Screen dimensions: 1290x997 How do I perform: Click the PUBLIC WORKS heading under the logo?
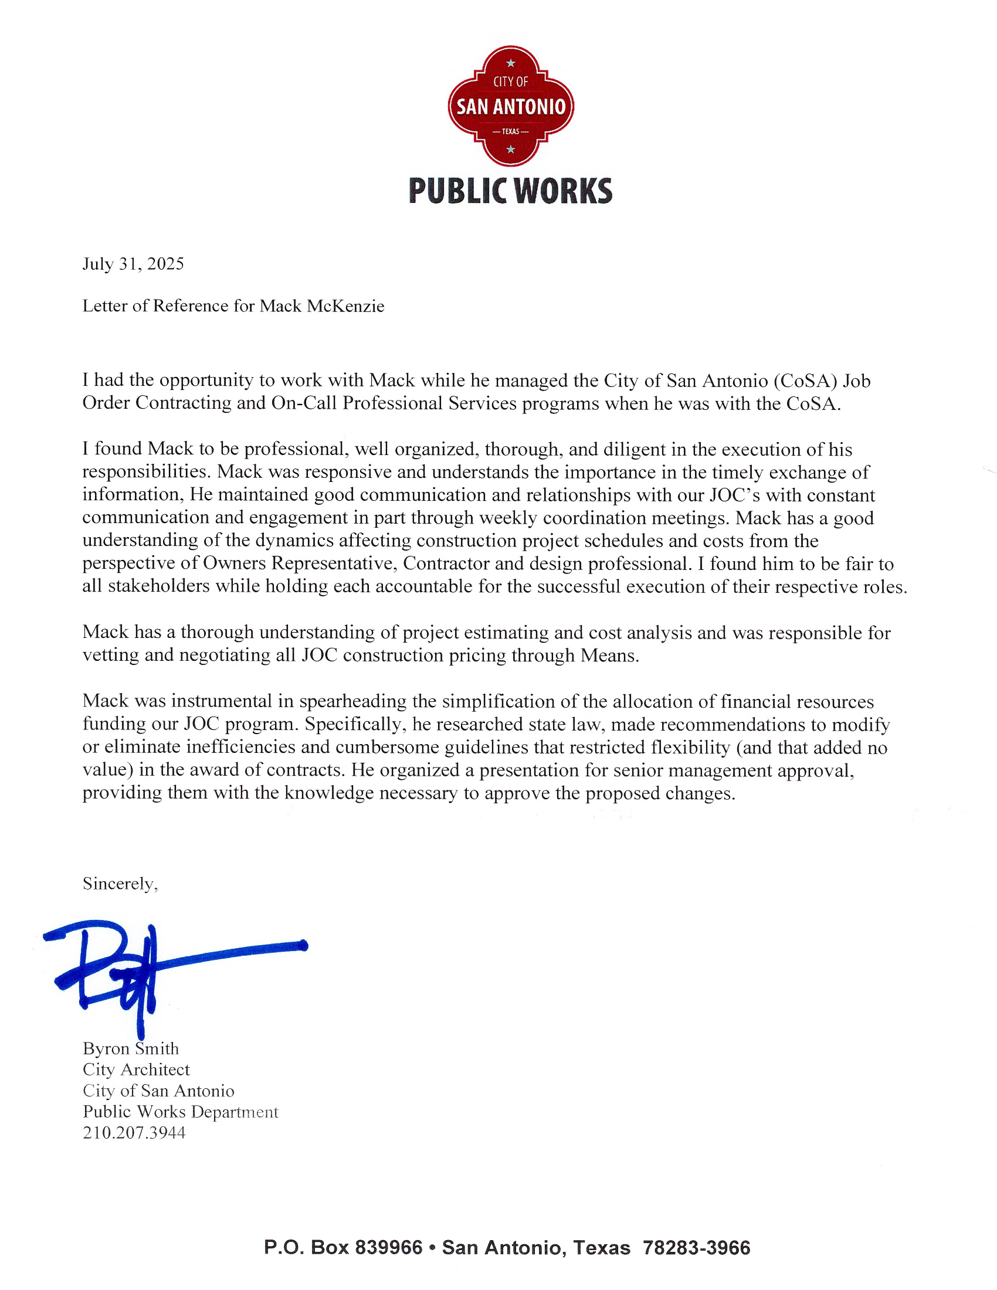pos(510,191)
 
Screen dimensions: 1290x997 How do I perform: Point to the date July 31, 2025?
pos(134,263)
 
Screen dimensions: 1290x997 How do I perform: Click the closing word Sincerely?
pos(120,884)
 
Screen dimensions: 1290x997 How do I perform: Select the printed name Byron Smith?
pos(131,1048)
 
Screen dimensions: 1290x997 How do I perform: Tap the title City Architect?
pos(137,1070)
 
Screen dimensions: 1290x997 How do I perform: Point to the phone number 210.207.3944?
pos(134,1133)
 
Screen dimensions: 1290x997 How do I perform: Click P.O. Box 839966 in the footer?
pos(343,1247)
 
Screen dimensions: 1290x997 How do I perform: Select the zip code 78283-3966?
pos(696,1247)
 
